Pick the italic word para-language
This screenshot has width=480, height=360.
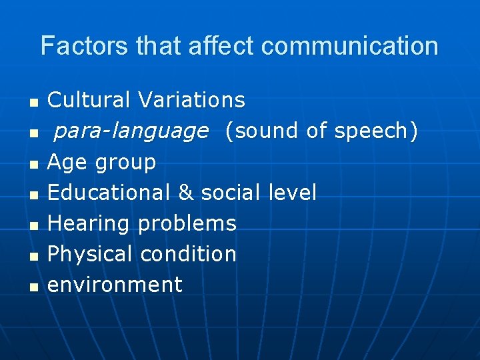click(x=131, y=131)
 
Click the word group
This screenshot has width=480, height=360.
click(x=126, y=163)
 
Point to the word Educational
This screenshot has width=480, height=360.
click(x=109, y=193)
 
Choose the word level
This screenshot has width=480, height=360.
click(x=292, y=193)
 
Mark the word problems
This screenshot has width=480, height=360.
click(x=187, y=224)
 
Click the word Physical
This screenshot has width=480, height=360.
click(x=90, y=254)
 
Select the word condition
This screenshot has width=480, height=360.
click(x=189, y=254)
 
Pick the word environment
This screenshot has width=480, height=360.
click(x=115, y=285)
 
